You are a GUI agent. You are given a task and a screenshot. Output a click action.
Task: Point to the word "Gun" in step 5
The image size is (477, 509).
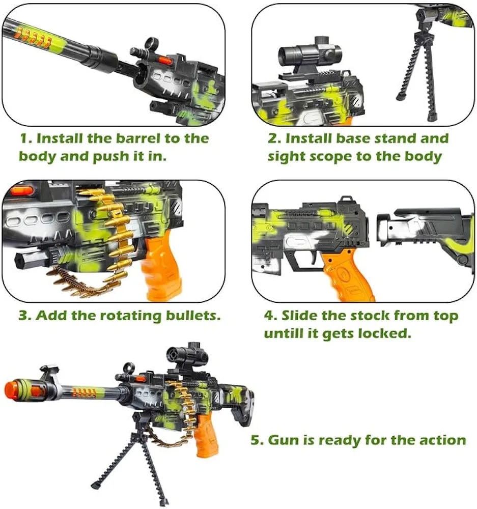[x=284, y=440]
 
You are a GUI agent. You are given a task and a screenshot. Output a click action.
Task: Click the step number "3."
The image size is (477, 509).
[x=25, y=316]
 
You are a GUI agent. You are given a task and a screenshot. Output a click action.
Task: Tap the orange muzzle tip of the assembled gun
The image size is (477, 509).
[x=12, y=389]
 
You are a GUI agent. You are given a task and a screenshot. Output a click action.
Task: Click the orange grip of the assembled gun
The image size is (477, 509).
[x=206, y=435]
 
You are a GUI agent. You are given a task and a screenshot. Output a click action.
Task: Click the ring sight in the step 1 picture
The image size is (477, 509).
[x=152, y=43]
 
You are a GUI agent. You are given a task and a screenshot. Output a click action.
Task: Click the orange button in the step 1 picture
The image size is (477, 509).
[x=164, y=60]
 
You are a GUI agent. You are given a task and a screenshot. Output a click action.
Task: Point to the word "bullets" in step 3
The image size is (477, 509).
[x=193, y=316]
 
